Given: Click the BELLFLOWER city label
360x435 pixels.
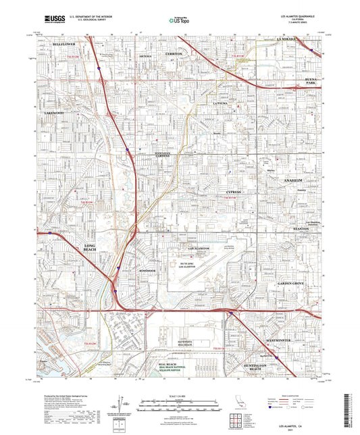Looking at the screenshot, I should click(x=63, y=43).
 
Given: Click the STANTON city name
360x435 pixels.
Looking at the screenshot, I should click(x=301, y=229).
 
